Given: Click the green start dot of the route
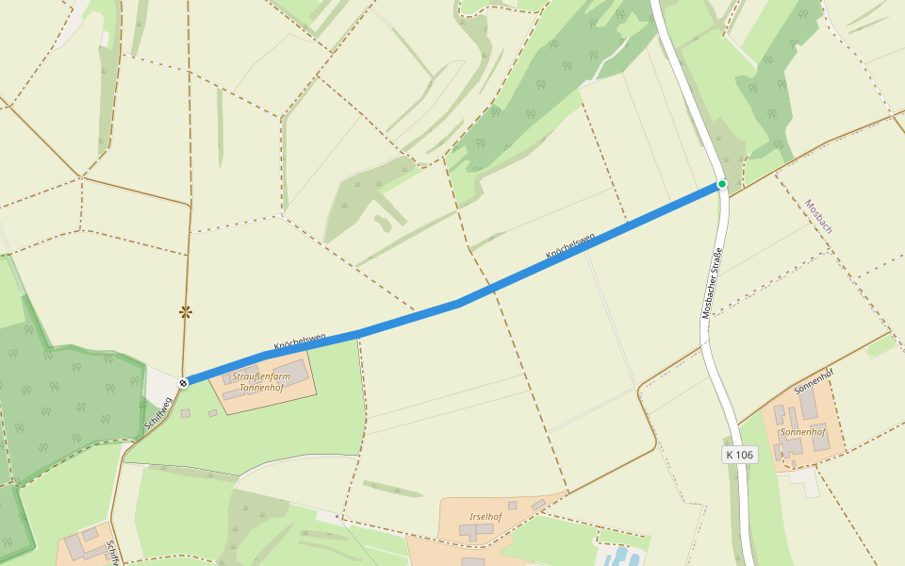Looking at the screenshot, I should pos(722,184).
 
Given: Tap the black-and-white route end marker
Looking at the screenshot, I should pos(184,382).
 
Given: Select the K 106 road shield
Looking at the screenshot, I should pos(740,455).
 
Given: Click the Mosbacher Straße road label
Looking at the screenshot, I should pos(712,282).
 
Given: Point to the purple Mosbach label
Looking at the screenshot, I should pos(818,216).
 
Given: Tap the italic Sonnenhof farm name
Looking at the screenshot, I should pos(802,432).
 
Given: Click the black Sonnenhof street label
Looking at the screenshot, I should pos(814,381).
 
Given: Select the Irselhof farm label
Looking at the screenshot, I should pos(485,516).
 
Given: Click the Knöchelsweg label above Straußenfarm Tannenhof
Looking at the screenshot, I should pos(300,341).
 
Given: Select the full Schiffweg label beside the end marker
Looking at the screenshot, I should pos(158,414).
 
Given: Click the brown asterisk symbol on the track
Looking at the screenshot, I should pos(186,311).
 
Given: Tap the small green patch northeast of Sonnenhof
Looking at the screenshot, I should pos(881,346).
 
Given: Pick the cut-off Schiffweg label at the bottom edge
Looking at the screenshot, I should pos(112,552).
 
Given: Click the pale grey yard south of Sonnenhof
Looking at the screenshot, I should pos(803,480).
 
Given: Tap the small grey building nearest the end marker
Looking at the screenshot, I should pos(186,413).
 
